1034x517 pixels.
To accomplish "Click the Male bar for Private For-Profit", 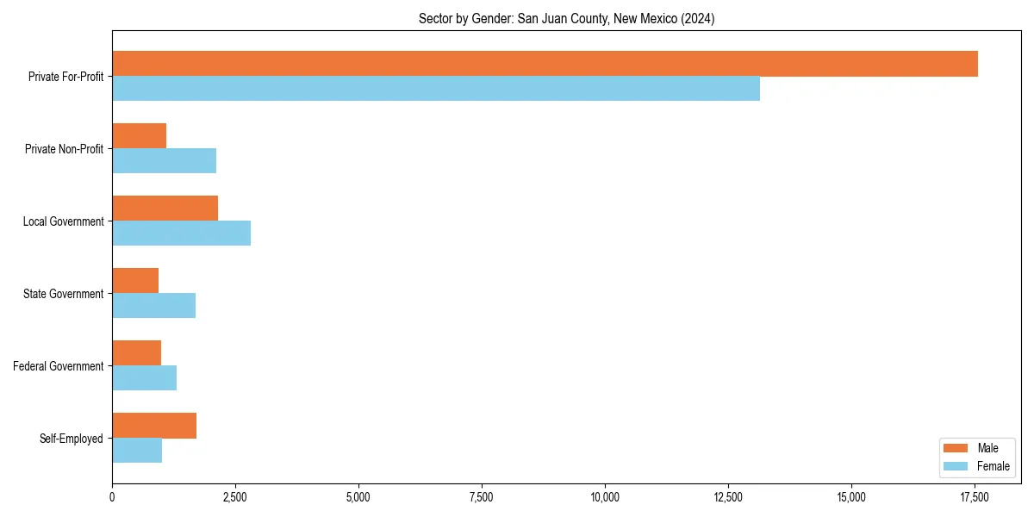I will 545,64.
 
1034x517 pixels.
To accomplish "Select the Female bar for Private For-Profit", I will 436,89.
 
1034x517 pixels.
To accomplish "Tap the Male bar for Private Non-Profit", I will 139,136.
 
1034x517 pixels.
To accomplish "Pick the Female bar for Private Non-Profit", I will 164,161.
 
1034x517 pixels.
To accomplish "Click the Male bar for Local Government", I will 165,209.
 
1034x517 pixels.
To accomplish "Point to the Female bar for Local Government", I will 181,234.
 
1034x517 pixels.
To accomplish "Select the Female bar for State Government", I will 153,306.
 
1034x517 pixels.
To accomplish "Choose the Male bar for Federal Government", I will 136,353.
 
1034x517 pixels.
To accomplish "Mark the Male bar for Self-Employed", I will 154,426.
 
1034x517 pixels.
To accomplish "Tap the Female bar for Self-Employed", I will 137,451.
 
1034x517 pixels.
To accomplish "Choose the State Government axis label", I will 64,294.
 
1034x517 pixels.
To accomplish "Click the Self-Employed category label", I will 72,439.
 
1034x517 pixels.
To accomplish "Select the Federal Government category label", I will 59,366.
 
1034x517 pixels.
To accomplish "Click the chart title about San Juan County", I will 566,18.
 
